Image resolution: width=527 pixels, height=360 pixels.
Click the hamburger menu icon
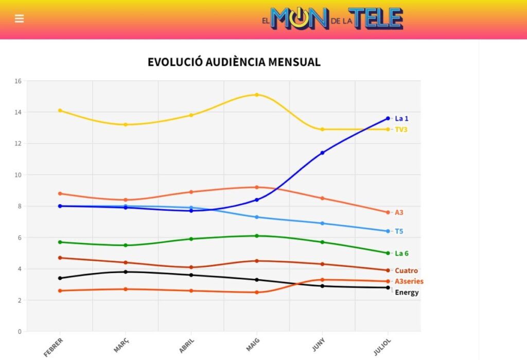[20, 19]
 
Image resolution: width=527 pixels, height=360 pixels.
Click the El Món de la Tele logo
[332, 19]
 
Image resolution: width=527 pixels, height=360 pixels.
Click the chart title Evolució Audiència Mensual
[234, 62]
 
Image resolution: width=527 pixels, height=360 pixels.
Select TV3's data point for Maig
[257, 95]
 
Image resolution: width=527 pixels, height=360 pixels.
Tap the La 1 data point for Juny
[323, 153]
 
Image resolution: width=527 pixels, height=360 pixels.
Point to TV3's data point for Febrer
[60, 111]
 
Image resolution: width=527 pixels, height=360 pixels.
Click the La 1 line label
[401, 119]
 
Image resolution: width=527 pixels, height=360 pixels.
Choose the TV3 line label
[401, 130]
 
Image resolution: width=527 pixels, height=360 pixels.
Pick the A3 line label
[399, 212]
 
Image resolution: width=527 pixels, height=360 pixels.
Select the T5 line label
[399, 231]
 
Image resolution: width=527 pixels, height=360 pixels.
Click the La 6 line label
[401, 254]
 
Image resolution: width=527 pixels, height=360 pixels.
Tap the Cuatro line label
[406, 271]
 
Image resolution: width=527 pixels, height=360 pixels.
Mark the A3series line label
[409, 281]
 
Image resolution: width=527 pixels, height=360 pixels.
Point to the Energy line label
[407, 293]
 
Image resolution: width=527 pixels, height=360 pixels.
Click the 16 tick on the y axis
[18, 81]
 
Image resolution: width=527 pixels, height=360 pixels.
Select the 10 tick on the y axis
[18, 175]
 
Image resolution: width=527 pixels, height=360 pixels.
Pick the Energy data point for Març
[126, 272]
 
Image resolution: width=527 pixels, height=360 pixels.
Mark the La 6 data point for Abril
[191, 239]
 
